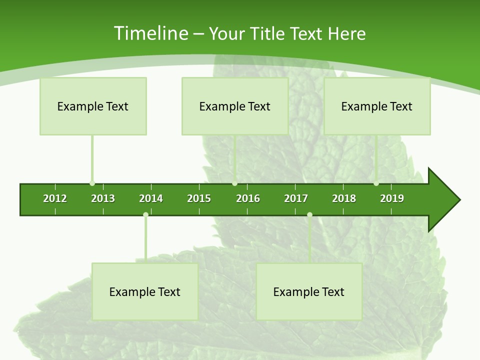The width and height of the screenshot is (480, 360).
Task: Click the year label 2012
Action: [x=55, y=198]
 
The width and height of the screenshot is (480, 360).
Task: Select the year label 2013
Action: [x=103, y=198]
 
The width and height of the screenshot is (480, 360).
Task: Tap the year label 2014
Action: [x=151, y=198]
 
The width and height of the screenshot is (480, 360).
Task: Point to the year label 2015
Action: [x=199, y=198]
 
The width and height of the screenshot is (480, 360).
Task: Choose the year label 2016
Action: [x=248, y=198]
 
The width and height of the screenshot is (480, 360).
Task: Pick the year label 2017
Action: [x=296, y=198]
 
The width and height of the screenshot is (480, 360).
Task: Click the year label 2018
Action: [x=344, y=198]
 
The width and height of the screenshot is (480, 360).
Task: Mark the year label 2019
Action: [x=392, y=198]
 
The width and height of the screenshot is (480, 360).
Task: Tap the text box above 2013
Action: [x=93, y=106]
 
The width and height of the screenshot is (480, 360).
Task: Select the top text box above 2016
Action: [x=235, y=106]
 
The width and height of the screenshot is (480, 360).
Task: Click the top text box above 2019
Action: [x=377, y=106]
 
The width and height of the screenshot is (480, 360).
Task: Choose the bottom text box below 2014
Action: [x=145, y=292]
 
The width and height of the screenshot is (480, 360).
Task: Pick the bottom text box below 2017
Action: [x=309, y=292]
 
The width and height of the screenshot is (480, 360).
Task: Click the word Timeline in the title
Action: [x=150, y=33]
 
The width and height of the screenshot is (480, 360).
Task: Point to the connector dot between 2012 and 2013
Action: [x=92, y=183]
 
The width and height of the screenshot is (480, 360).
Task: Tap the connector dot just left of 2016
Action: [x=234, y=183]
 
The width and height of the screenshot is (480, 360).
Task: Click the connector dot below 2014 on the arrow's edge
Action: [x=145, y=214]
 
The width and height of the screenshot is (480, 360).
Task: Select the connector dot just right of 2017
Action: [x=309, y=214]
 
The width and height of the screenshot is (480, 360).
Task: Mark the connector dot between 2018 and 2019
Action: [x=376, y=183]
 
